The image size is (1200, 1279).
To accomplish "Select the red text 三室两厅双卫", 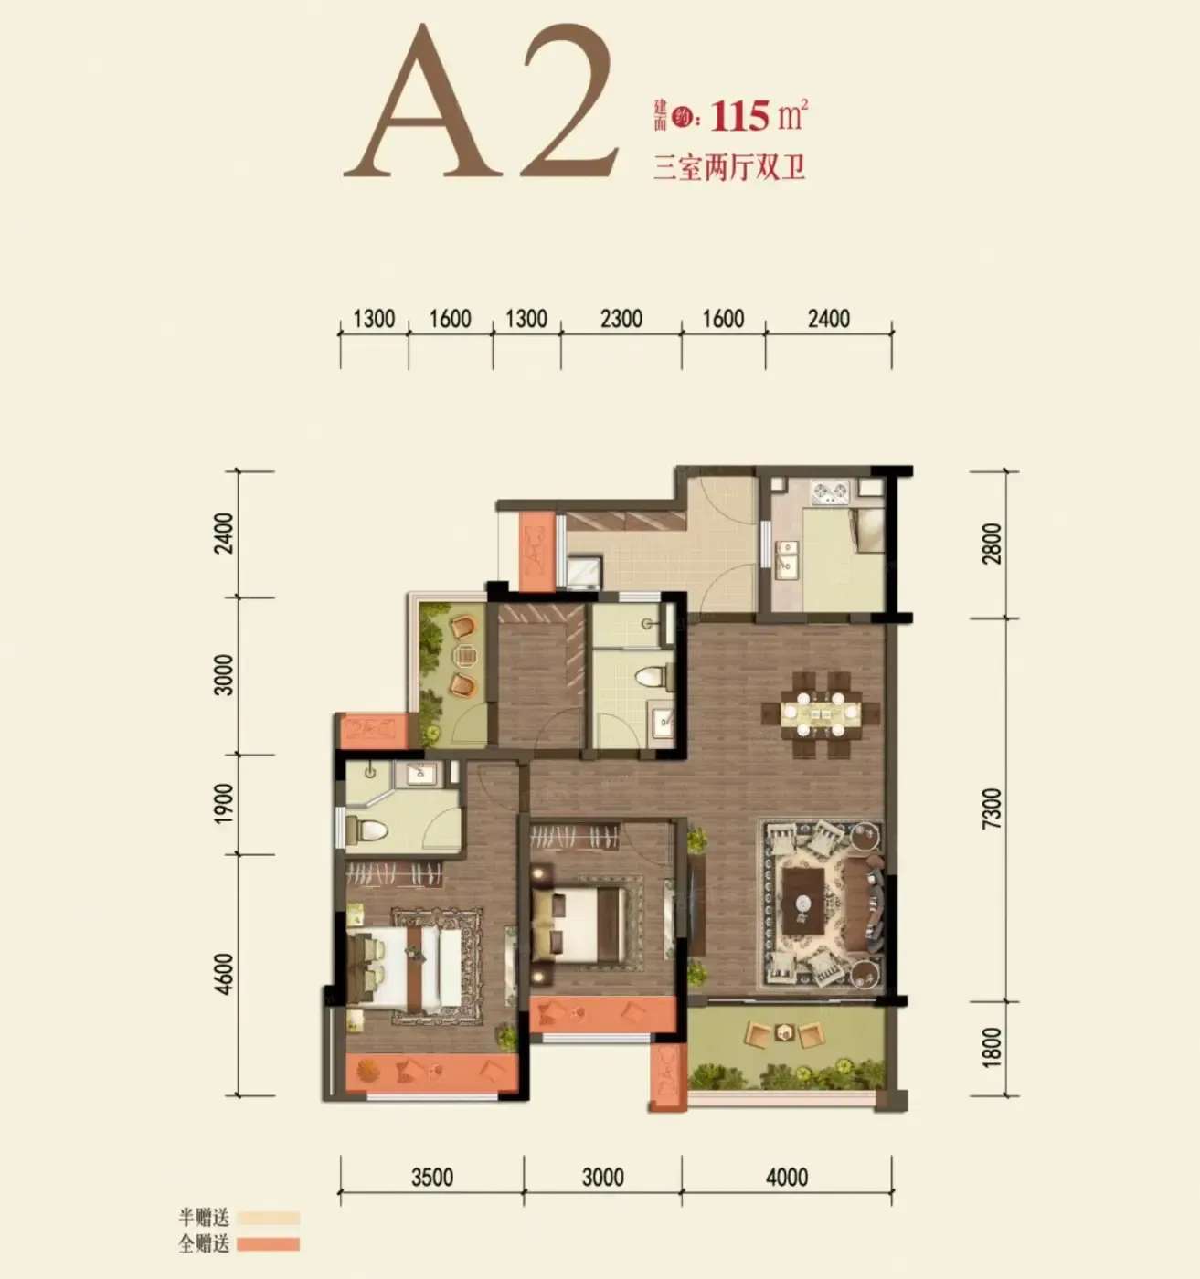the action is point(729,167).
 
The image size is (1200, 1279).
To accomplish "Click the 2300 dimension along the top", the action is point(621,319).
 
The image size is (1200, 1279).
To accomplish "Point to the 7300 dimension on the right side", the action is point(993,809).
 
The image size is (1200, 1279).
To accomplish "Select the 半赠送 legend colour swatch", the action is point(268,1219).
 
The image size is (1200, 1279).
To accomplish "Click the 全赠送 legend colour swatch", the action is point(268,1244).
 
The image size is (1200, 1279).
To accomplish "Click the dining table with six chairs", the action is point(821,713).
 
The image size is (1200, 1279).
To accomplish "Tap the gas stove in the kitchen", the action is point(830,492).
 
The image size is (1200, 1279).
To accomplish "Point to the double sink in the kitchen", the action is point(786,559).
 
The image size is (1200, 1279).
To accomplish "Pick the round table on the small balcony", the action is point(464,656).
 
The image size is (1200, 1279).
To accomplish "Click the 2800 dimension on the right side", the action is point(993,544).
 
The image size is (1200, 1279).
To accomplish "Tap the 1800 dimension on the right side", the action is point(993,1047).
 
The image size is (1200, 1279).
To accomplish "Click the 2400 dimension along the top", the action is point(829,319).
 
